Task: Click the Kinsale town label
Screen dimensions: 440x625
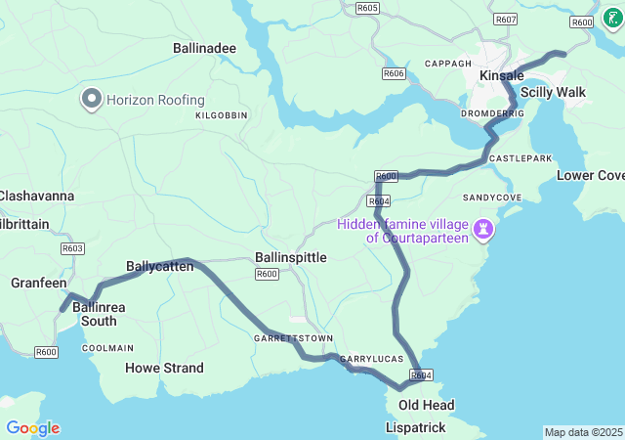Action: tap(502, 75)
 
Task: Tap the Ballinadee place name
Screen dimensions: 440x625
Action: tap(204, 47)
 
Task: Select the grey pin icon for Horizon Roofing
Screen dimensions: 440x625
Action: tap(92, 100)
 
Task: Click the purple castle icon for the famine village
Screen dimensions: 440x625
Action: tap(482, 230)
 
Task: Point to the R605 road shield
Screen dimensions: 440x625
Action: tap(367, 8)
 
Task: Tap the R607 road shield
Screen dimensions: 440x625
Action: tap(506, 20)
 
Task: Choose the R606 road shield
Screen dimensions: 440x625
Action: tap(394, 73)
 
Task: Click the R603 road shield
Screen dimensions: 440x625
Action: tap(72, 248)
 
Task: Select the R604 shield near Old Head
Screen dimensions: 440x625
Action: tap(421, 375)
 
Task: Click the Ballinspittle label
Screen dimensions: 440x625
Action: tap(290, 257)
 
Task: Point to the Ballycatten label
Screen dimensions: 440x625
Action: tap(158, 266)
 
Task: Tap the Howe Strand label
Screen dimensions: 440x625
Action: tap(164, 368)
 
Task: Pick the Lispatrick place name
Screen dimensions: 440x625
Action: tap(416, 428)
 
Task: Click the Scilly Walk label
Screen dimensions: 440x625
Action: tap(553, 92)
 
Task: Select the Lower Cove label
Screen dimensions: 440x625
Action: tap(590, 175)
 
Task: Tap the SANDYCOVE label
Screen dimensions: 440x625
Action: tap(492, 197)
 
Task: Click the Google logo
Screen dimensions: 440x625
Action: tap(32, 428)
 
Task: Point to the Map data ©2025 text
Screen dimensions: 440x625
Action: tap(583, 432)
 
